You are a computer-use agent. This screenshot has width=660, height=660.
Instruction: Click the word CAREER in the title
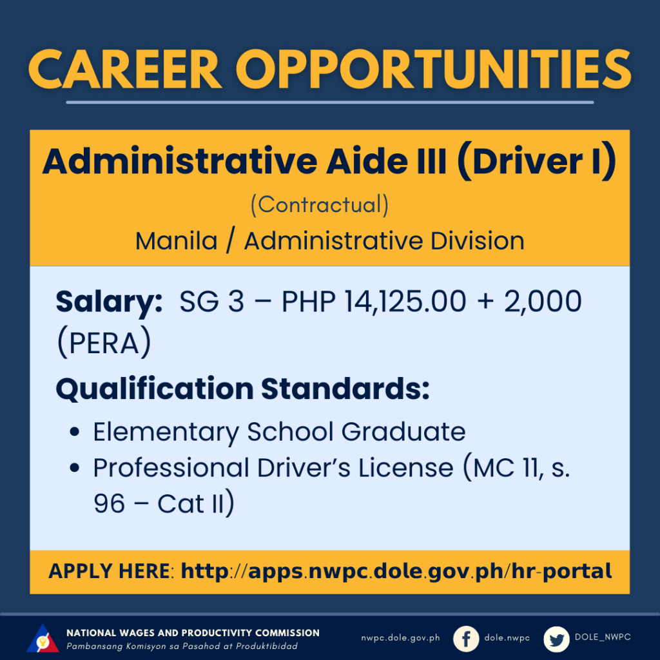point(125,69)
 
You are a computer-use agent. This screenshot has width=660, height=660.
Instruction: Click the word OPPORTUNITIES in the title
point(434,69)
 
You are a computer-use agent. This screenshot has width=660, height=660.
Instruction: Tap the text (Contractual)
point(320,205)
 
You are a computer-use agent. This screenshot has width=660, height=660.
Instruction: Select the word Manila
point(177,241)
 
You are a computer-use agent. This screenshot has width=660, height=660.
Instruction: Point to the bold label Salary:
point(109,302)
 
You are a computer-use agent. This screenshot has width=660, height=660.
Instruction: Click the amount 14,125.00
point(405,302)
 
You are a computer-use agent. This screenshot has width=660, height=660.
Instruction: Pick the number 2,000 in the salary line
point(543,302)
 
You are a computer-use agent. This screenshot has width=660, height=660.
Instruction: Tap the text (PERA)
point(104,343)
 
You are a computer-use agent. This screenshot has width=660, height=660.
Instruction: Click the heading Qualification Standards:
point(242,389)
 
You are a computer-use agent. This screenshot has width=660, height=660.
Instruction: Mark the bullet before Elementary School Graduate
point(75,432)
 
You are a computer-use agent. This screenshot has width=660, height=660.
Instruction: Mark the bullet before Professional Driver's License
point(75,468)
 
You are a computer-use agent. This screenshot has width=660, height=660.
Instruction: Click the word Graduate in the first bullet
point(403,431)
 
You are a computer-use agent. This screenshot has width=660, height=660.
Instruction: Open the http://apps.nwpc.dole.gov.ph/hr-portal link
point(396,572)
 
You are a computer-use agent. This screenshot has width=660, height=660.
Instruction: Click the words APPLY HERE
point(109,571)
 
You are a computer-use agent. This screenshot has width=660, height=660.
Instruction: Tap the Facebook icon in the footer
point(466,639)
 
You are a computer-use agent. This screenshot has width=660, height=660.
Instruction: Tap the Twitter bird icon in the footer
point(556,639)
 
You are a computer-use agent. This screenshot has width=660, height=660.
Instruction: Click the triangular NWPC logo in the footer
point(43,638)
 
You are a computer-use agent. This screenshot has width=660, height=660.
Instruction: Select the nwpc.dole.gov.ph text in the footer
point(400,638)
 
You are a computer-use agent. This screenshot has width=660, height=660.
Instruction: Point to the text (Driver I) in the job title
point(537,161)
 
